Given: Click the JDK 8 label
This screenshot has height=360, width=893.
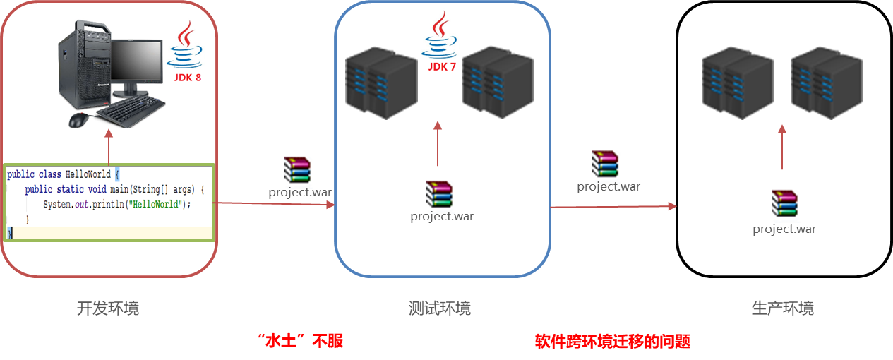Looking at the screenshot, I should pyautogui.click(x=188, y=78).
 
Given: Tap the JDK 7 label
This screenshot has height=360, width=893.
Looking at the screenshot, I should pyautogui.click(x=442, y=67).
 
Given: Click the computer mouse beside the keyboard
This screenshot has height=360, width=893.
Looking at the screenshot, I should pyautogui.click(x=79, y=121).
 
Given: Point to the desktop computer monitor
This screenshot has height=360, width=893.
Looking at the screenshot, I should pyautogui.click(x=136, y=67).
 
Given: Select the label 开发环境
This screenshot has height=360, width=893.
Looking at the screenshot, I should pyautogui.click(x=108, y=308).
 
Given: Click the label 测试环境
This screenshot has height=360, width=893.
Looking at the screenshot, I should pyautogui.click(x=440, y=308).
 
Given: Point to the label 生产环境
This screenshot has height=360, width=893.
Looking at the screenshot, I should pyautogui.click(x=782, y=308).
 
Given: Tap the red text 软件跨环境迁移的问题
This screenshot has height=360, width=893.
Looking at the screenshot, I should pyautogui.click(x=612, y=342).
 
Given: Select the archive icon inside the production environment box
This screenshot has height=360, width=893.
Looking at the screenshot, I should pyautogui.click(x=784, y=203).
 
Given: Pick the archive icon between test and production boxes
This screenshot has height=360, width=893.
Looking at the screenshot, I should pyautogui.click(x=606, y=164).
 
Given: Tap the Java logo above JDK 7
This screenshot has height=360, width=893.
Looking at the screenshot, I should pyautogui.click(x=440, y=37).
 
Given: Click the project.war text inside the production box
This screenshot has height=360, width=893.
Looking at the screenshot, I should pyautogui.click(x=784, y=229).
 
